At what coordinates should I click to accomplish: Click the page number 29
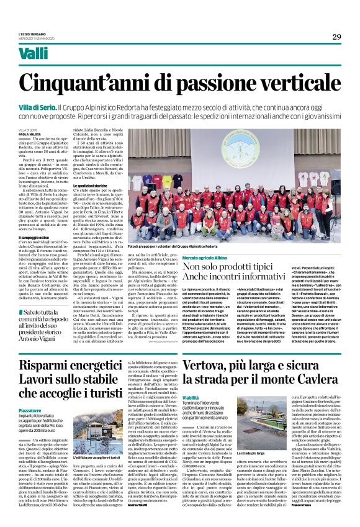click(x=336, y=37)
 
